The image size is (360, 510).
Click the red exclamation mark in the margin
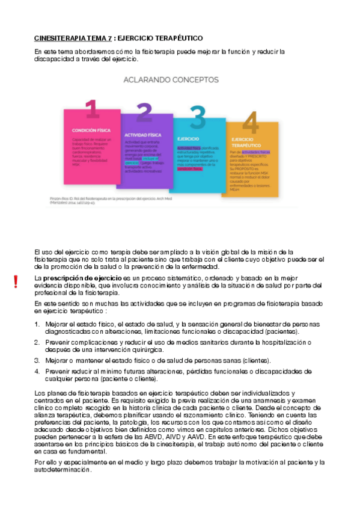coord(16,281)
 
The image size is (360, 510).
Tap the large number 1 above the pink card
coord(92,109)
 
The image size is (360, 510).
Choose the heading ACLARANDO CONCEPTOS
coord(171,79)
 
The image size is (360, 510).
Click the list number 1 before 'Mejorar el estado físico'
coord(36,325)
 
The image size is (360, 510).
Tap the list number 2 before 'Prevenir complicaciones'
coord(36,342)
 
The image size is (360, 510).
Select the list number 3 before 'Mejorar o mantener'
coord(36,360)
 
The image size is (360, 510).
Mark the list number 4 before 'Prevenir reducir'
coord(36,372)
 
